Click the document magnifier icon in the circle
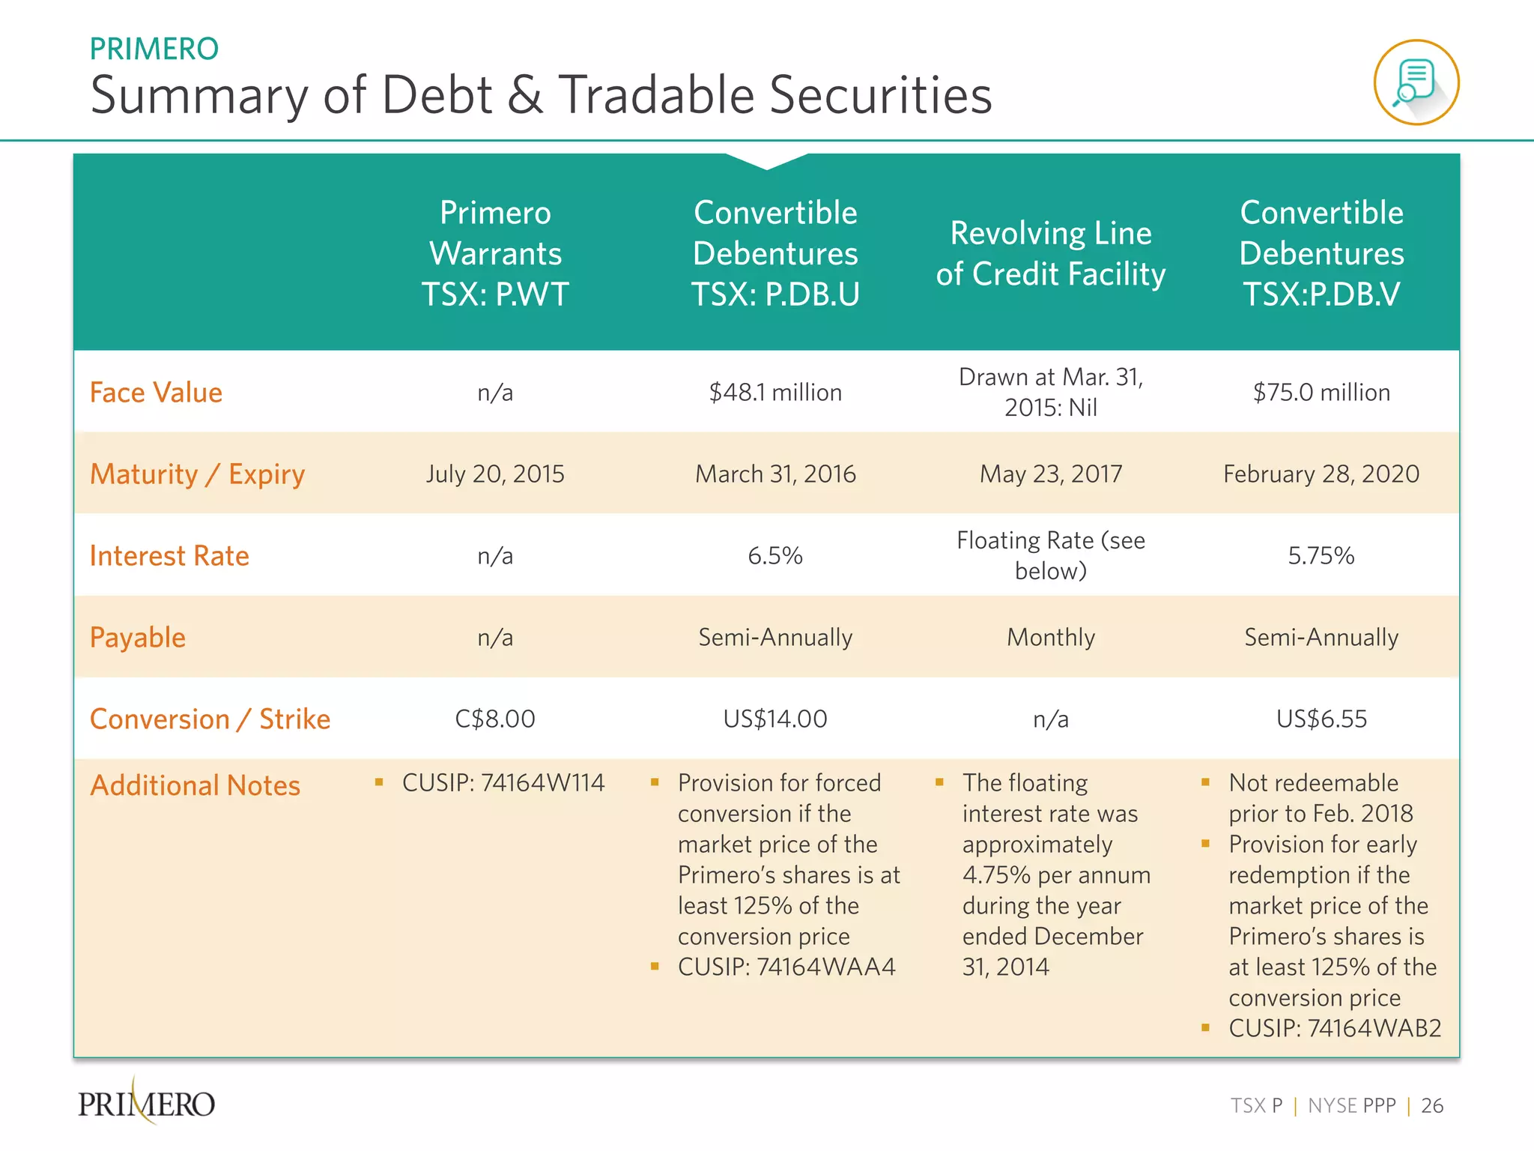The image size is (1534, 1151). tap(1416, 82)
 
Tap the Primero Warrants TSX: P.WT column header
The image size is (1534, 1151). tap(495, 253)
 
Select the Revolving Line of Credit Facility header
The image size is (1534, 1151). tap(1050, 253)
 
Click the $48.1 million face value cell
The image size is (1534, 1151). tap(775, 393)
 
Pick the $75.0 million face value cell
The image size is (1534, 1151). tap(1321, 393)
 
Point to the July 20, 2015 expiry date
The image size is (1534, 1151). tap(495, 474)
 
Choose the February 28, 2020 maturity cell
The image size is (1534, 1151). tap(1321, 474)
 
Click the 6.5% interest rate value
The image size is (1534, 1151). tap(775, 556)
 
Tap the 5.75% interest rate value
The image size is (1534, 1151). tap(1321, 556)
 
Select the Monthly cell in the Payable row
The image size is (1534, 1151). tap(1050, 638)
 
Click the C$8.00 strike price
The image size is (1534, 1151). tap(495, 719)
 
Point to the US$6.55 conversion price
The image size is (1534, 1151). tap(1321, 719)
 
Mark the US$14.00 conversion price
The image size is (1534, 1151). tap(775, 719)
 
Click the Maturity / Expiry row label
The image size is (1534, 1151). tap(197, 474)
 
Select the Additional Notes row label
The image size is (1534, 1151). tap(195, 785)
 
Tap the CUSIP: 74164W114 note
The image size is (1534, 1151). tap(503, 783)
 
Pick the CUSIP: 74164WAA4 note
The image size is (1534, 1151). tap(786, 967)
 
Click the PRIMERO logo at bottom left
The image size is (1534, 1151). tap(146, 1103)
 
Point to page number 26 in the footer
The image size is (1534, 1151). tap(1431, 1106)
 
